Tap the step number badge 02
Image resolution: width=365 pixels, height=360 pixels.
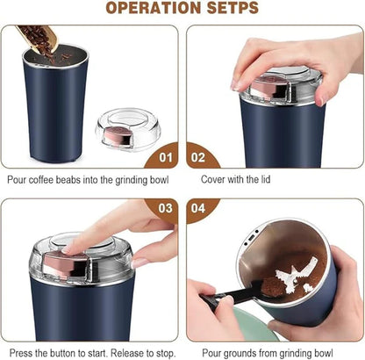tap(201, 158)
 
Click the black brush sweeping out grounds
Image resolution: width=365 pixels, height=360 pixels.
tap(230, 294)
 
